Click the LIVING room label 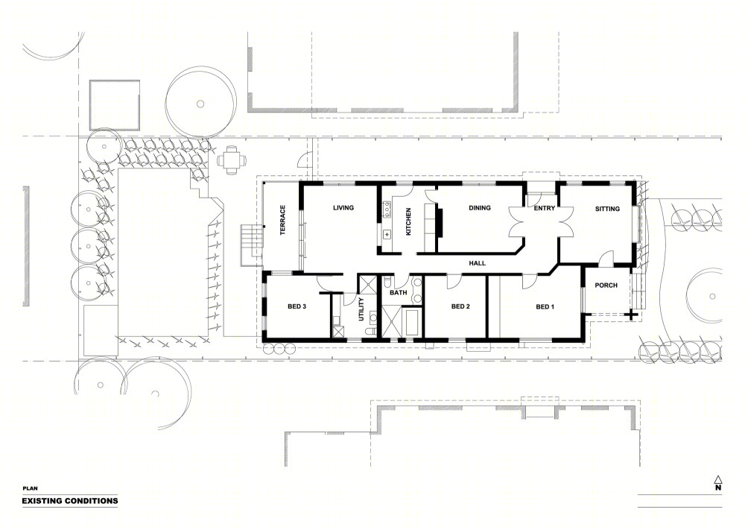343,208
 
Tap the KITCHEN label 408,221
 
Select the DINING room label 479,208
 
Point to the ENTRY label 544,208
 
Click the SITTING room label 607,209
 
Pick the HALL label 477,263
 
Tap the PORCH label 606,285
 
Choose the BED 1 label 545,306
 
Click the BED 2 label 460,306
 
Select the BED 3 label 297,306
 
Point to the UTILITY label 361,309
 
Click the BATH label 398,293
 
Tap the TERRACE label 282,220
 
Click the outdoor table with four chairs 232,160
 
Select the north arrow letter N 718,487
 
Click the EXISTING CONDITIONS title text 70,501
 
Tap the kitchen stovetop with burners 387,207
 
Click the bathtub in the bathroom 410,322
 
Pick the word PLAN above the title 30,488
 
